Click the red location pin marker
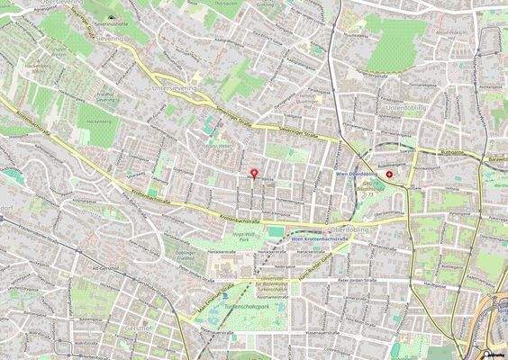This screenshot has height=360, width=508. point(253,172)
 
